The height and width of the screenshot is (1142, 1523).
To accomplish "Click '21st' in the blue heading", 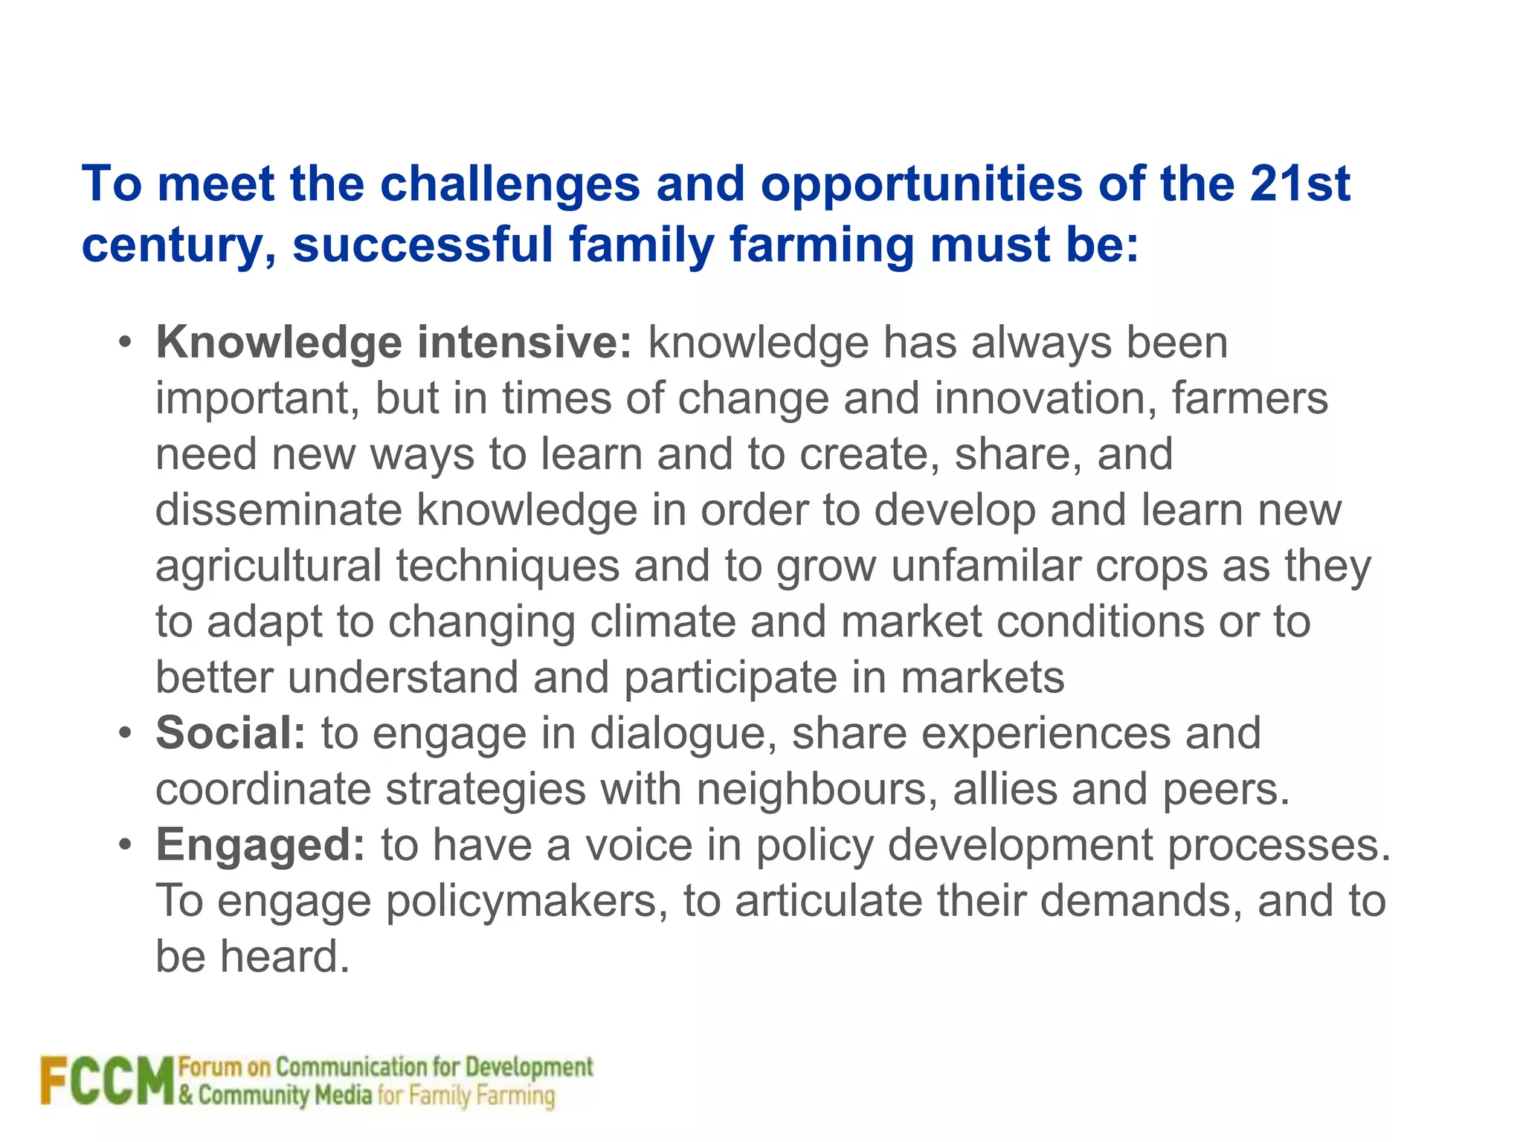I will [1299, 184].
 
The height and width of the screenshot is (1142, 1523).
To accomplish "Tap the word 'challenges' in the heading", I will [510, 184].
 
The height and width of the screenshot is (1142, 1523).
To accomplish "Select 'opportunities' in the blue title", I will [921, 184].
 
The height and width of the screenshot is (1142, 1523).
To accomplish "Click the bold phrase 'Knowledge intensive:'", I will [393, 343].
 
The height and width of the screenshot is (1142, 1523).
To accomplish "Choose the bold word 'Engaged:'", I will [260, 845].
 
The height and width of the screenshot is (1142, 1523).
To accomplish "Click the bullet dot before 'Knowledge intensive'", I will [125, 343].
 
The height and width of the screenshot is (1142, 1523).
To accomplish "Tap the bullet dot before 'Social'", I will [125, 734].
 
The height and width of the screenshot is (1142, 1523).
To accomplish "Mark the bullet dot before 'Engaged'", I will [125, 845].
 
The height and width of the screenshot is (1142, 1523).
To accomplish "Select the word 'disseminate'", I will [278, 510].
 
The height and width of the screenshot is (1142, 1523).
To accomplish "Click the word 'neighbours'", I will [817, 789].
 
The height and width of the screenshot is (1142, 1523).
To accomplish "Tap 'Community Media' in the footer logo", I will [285, 1096].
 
